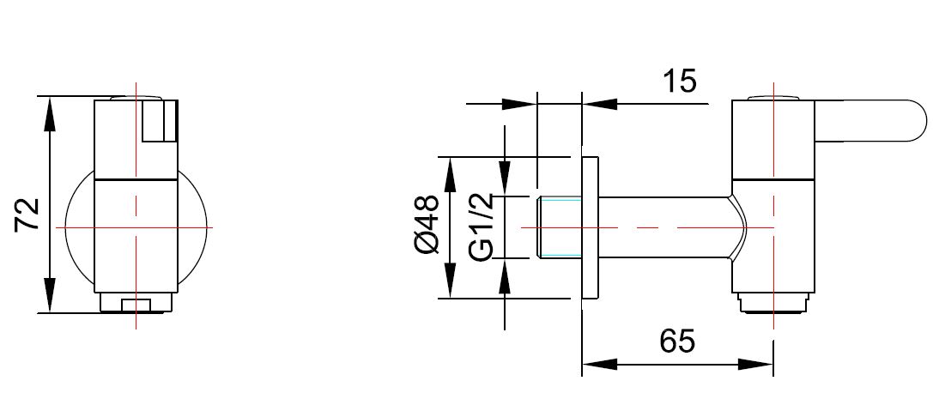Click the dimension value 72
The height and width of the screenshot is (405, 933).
[28, 214]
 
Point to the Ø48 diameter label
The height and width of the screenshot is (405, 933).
[427, 225]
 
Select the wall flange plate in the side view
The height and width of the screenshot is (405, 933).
[590, 227]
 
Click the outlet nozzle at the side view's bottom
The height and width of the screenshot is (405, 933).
[773, 303]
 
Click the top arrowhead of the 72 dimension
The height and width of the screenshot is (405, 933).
[51, 108]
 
